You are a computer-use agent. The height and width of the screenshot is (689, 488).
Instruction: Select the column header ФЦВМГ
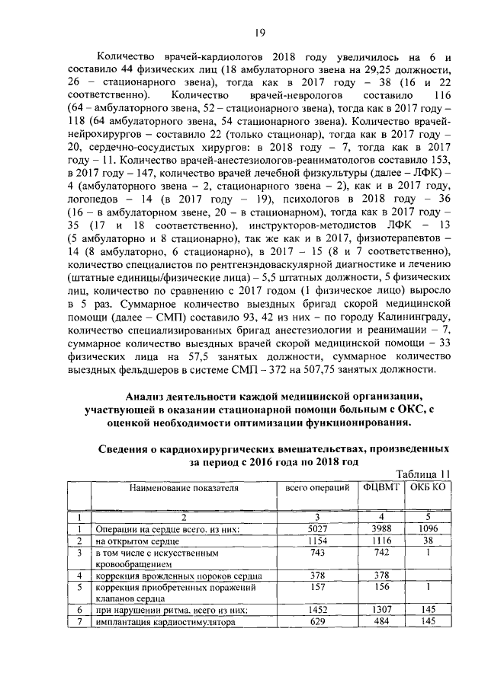coord(380,487)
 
